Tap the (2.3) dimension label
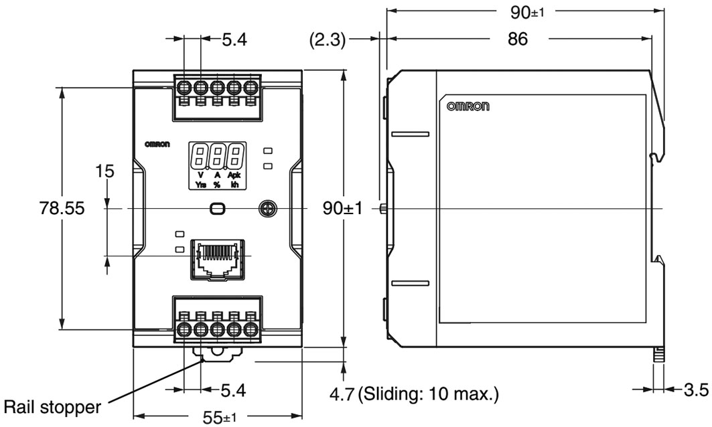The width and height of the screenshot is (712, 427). (326, 40)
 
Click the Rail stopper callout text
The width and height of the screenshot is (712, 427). (53, 406)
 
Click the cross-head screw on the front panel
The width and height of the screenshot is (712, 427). (267, 209)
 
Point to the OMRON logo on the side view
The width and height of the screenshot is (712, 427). (468, 106)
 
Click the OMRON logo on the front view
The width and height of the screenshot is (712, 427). (157, 144)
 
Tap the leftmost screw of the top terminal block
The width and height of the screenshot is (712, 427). (184, 88)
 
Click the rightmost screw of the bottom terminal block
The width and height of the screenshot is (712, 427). (251, 329)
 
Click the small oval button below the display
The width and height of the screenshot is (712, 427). (217, 209)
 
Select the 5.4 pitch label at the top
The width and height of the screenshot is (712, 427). (234, 40)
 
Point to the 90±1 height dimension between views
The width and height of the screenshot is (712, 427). (342, 209)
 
